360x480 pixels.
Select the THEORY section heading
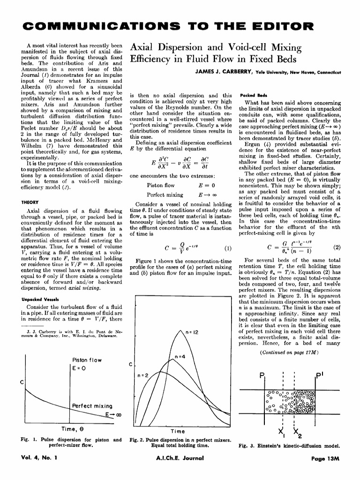tap(30, 202)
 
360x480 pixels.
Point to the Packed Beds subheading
tap(253, 94)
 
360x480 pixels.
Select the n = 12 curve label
tap(193, 332)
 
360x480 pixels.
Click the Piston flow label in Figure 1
tap(87, 360)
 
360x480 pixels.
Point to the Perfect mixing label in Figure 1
tap(92, 405)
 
